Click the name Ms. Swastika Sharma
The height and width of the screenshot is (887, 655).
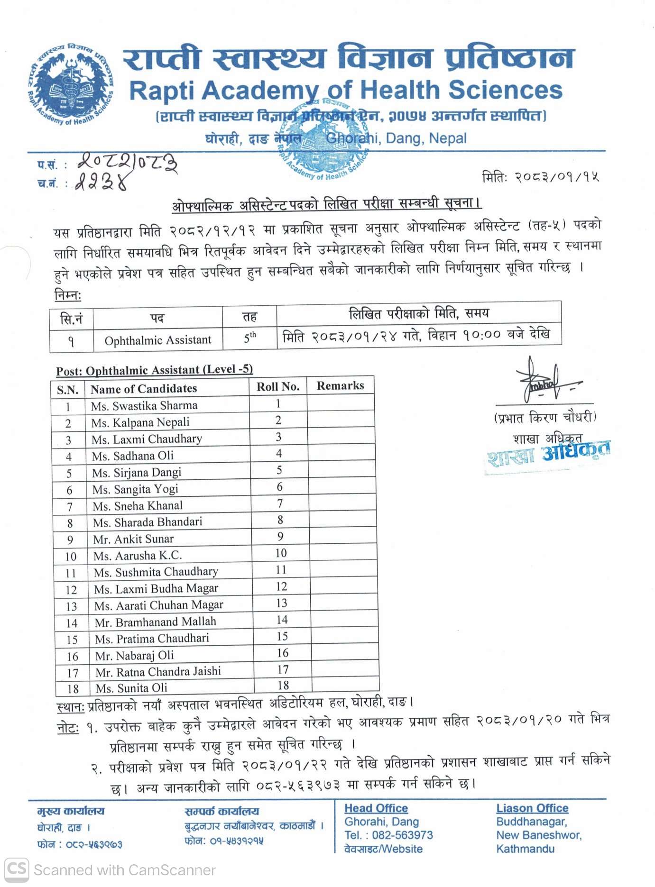(x=144, y=406)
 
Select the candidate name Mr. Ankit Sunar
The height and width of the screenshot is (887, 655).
(x=133, y=539)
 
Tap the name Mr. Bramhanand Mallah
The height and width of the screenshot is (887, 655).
(x=155, y=622)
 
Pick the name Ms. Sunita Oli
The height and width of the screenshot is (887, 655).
(x=131, y=688)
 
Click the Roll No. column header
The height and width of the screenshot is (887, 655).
(x=278, y=387)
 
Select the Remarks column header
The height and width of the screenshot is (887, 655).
(x=340, y=386)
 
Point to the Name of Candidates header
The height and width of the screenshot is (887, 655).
(x=144, y=389)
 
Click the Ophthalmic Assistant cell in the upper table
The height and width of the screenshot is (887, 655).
(x=158, y=340)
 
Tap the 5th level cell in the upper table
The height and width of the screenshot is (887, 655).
(x=249, y=338)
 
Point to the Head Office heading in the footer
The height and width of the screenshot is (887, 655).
(x=376, y=808)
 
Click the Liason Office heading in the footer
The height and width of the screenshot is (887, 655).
(x=532, y=808)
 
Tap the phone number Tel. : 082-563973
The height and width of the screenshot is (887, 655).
(x=388, y=835)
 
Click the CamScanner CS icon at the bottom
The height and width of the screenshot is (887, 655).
(x=17, y=869)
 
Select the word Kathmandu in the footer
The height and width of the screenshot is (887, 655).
(x=525, y=849)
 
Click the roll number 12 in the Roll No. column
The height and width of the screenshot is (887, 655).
(x=281, y=587)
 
